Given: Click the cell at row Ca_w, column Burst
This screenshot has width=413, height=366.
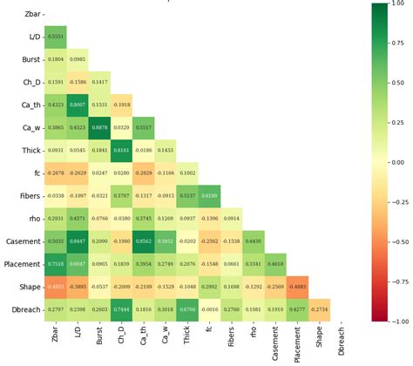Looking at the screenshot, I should coord(100,128).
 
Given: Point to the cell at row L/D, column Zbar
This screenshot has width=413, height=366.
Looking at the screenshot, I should coord(56,37).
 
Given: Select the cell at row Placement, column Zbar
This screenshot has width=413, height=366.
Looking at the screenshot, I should coord(56,264).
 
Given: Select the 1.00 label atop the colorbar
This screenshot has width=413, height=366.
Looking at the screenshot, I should coord(404,4).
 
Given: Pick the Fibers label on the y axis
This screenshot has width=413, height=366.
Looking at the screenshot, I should coord(26,196).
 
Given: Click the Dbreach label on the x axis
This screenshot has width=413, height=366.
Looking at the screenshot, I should coord(344,342).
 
